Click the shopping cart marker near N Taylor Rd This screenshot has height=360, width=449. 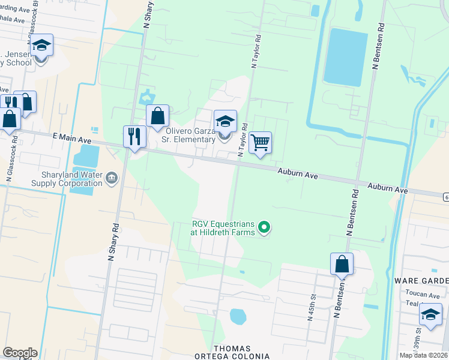point(260,143)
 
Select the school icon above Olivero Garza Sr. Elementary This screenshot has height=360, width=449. point(225,122)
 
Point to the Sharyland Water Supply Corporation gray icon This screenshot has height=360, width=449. point(112,178)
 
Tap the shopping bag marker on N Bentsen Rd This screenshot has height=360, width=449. point(342,264)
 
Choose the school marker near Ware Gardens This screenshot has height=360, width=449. point(430,314)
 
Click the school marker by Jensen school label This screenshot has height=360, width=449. point(41,46)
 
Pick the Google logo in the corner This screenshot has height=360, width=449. point(20,353)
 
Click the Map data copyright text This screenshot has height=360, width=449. point(423,355)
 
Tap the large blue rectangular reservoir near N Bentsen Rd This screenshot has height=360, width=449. point(345,56)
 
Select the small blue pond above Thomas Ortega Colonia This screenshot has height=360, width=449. point(238,316)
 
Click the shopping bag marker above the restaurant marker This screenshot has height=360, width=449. point(157,116)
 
